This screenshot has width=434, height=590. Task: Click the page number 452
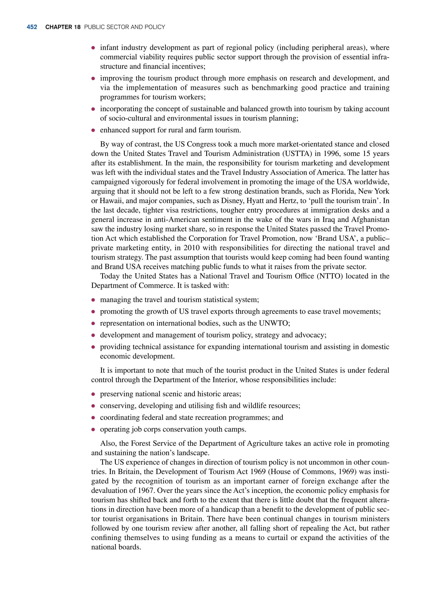point(32,27)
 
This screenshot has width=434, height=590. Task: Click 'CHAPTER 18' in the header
point(63,27)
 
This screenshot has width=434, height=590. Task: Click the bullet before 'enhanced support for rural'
point(93,130)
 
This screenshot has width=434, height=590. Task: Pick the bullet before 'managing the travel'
point(93,300)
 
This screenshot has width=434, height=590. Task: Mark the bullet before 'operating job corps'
point(93,430)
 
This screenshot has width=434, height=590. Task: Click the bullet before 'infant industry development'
point(93,48)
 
